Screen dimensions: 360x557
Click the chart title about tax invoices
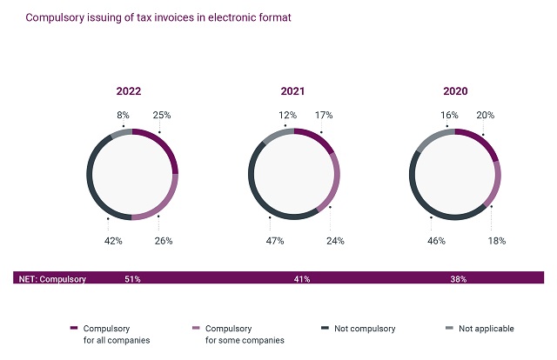click(158, 17)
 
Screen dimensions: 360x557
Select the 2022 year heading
click(129, 90)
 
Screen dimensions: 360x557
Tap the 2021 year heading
click(292, 90)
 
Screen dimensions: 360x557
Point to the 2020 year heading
click(455, 90)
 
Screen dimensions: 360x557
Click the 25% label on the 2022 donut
click(162, 115)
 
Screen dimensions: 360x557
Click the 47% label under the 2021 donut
click(276, 241)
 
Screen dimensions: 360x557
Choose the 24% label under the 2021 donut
click(334, 241)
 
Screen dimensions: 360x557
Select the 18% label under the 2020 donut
click(497, 241)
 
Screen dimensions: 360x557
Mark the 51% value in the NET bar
click(133, 279)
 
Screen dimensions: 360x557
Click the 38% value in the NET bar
click(458, 279)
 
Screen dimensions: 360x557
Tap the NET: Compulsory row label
click(53, 279)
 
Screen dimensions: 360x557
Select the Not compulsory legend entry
click(365, 329)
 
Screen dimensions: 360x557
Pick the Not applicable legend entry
click(485, 329)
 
